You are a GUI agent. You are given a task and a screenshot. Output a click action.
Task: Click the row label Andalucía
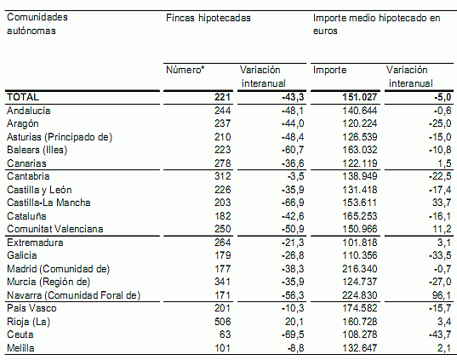coord(29,111)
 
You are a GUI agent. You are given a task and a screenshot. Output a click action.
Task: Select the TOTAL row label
coord(23,97)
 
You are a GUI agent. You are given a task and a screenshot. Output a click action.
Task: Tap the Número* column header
coord(186,70)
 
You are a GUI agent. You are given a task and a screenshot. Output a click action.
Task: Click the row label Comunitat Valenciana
coord(54,229)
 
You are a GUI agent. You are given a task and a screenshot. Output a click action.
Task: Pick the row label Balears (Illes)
coord(39,150)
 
